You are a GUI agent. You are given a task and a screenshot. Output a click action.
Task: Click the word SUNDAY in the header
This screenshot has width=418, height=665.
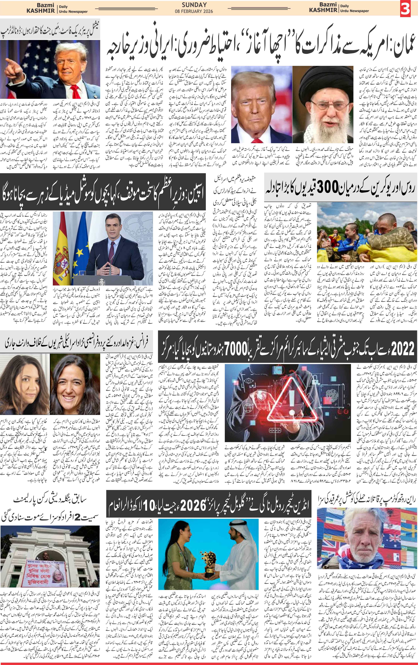pos(194,5)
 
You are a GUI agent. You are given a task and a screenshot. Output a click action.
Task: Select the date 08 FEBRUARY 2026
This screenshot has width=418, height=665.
pos(194,11)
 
